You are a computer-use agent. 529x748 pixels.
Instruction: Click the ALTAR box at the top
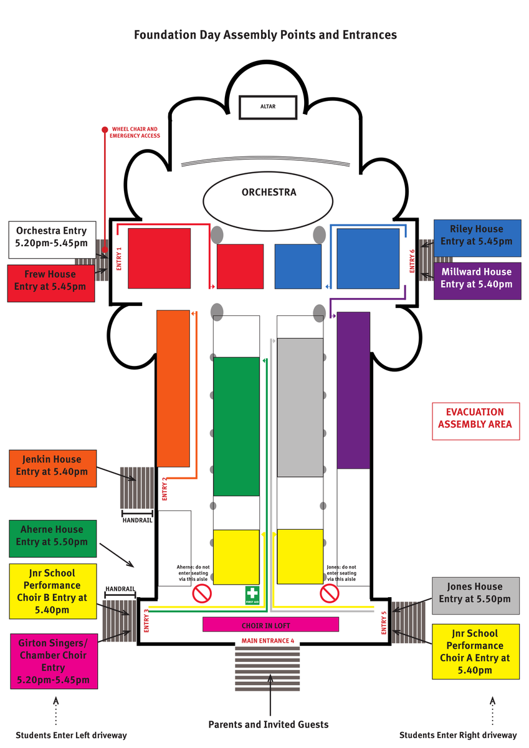pyautogui.click(x=268, y=107)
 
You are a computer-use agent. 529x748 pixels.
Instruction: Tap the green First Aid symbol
pyautogui.click(x=252, y=595)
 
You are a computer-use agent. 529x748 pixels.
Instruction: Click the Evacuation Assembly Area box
pyautogui.click(x=475, y=418)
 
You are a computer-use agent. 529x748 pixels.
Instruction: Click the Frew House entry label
pyautogui.click(x=50, y=280)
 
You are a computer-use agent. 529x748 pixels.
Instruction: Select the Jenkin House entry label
pyautogui.click(x=53, y=466)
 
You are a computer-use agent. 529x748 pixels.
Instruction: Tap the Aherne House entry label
pyautogui.click(x=53, y=536)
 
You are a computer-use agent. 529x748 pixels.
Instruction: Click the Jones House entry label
pyautogui.click(x=475, y=593)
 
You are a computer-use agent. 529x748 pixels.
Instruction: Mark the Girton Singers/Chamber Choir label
pyautogui.click(x=53, y=661)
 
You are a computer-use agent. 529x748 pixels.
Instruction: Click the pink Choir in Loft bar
pyautogui.click(x=270, y=625)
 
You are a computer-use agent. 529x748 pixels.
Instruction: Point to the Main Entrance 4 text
pyautogui.click(x=268, y=641)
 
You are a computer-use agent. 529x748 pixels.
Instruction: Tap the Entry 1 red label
pyautogui.click(x=118, y=258)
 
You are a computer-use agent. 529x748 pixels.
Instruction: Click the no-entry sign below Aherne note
pyautogui.click(x=202, y=593)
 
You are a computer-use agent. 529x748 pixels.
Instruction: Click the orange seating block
pyautogui.click(x=173, y=388)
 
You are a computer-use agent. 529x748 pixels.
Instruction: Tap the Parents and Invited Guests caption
pyautogui.click(x=268, y=724)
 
